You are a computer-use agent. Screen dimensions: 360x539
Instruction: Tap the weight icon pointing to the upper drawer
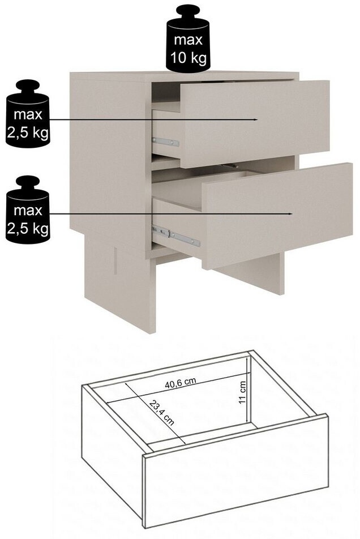28,114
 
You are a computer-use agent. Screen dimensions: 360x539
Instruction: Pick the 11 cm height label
242,392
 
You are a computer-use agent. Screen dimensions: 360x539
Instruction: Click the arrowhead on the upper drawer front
256,119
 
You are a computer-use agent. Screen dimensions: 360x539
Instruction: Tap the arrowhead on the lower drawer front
290,213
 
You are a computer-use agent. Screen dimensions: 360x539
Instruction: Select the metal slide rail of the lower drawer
176,236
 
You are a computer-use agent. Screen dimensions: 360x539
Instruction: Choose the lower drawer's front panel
277,216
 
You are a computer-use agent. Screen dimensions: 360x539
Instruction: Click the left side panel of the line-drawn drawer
112,450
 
